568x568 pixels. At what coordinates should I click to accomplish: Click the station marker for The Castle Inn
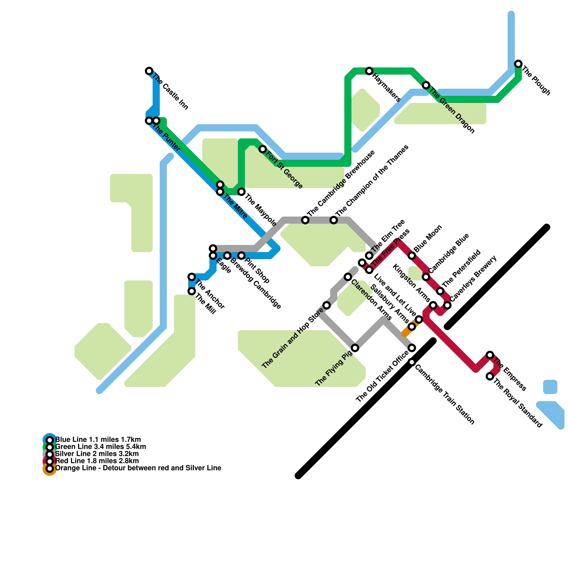(149, 71)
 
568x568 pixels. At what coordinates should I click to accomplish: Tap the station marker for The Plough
(518, 64)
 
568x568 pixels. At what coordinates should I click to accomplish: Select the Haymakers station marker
(369, 71)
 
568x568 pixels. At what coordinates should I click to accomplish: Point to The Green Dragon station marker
(426, 85)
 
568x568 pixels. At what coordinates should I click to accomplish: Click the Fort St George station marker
(263, 149)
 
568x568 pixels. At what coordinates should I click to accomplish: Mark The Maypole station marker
(241, 192)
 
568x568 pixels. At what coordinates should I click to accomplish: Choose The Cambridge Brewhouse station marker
(305, 220)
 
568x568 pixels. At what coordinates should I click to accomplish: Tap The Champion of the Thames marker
(334, 220)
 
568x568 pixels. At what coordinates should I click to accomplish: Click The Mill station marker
(192, 291)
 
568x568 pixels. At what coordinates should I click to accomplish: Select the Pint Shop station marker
(241, 256)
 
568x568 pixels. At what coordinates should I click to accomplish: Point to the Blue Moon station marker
(412, 256)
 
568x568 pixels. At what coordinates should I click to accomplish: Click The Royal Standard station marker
(490, 376)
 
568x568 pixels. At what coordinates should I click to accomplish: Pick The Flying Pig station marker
(355, 348)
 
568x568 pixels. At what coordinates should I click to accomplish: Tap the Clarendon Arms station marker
(348, 277)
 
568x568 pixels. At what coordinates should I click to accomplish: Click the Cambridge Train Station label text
(444, 394)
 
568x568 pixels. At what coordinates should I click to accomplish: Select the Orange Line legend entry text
(138, 468)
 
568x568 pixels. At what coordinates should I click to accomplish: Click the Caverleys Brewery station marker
(448, 305)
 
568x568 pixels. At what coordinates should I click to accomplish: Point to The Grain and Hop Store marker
(327, 305)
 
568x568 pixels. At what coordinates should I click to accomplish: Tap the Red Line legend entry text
(97, 461)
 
